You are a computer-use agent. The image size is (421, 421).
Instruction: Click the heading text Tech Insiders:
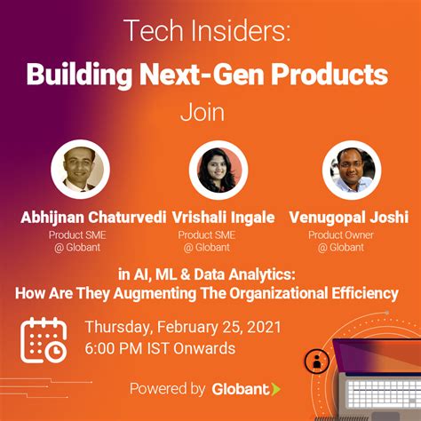point(210,34)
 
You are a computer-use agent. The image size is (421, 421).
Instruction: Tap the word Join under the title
point(210,114)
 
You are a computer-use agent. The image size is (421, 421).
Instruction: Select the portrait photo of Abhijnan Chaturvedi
point(80,170)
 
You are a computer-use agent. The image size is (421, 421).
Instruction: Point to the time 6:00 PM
point(121,348)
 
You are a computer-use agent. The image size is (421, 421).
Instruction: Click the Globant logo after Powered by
point(247,389)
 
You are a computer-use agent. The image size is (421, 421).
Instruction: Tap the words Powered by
point(167,389)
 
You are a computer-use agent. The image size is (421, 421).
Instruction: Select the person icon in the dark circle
point(314,361)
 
